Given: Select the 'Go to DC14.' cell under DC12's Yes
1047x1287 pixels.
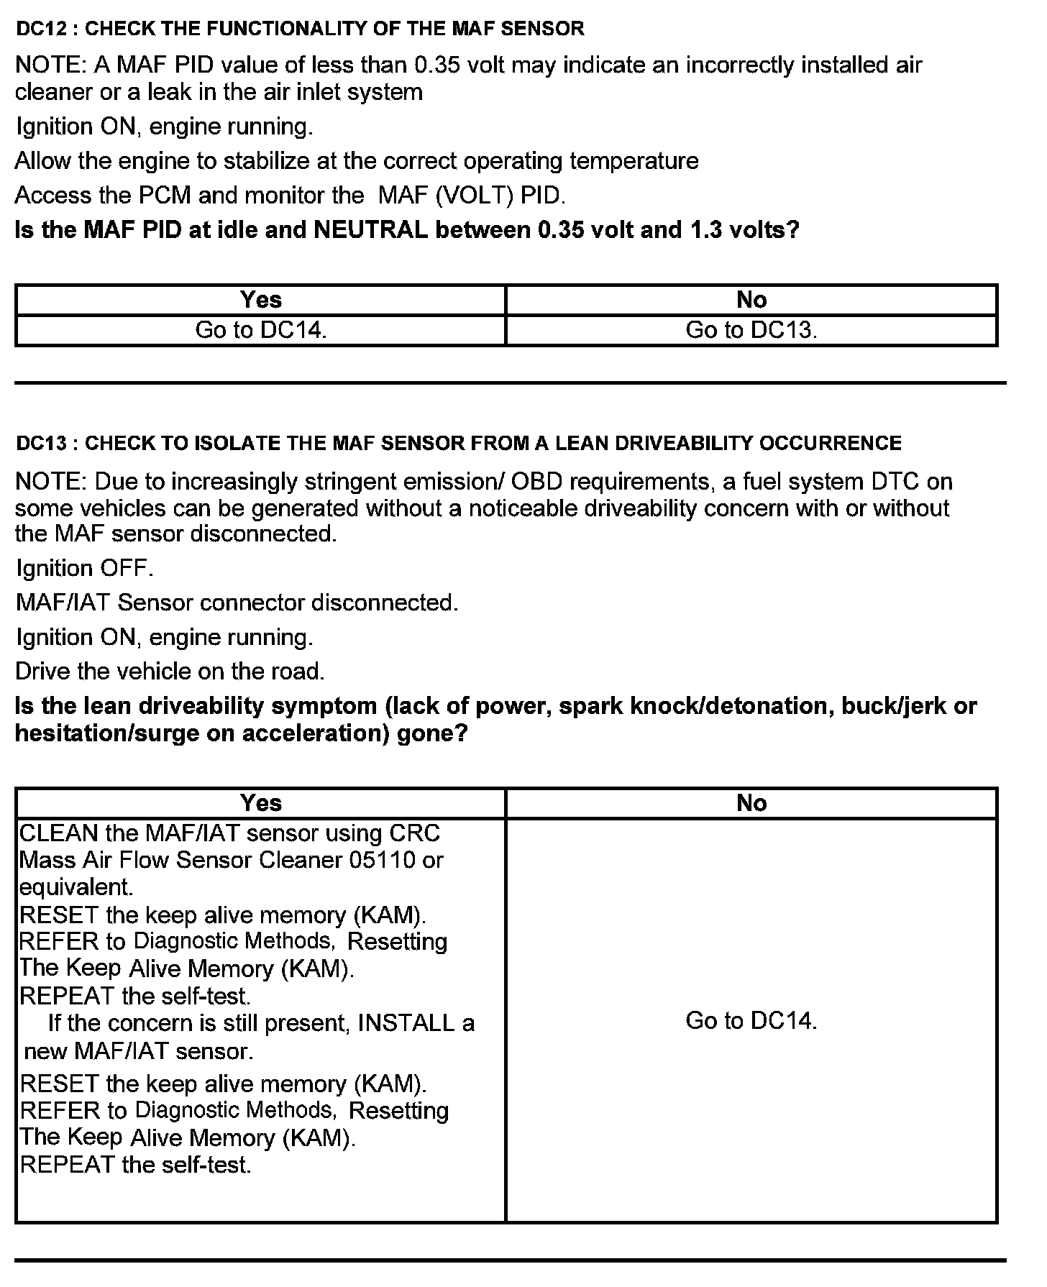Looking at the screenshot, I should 261,330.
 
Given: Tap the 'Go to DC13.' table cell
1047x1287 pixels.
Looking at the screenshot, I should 751,330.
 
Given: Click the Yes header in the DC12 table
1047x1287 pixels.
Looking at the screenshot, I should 261,299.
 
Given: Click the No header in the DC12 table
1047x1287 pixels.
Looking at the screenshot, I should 751,299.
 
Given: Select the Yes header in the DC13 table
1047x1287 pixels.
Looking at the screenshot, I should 261,802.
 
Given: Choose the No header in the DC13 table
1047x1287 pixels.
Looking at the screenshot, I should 751,802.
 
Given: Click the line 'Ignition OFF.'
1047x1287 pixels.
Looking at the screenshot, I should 85,568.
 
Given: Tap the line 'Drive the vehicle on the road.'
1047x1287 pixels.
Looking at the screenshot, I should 170,672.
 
